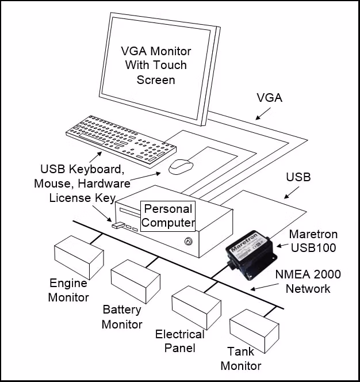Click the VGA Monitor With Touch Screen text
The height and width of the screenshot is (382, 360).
[x=156, y=64]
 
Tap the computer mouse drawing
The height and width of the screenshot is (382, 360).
[x=181, y=167]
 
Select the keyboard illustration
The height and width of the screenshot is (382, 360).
[x=121, y=136]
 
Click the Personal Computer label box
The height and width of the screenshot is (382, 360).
[x=168, y=215]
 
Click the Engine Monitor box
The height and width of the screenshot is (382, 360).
[x=79, y=257]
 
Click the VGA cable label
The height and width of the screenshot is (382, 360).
[x=269, y=98]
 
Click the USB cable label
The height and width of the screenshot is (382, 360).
[x=298, y=177]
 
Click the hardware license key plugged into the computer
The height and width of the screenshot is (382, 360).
[x=118, y=225]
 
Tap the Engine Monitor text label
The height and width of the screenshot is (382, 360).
[x=68, y=290]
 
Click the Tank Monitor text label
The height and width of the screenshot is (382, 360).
[x=241, y=358]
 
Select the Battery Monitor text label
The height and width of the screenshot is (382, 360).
[x=122, y=317]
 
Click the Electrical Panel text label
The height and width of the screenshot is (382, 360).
[x=179, y=341]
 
